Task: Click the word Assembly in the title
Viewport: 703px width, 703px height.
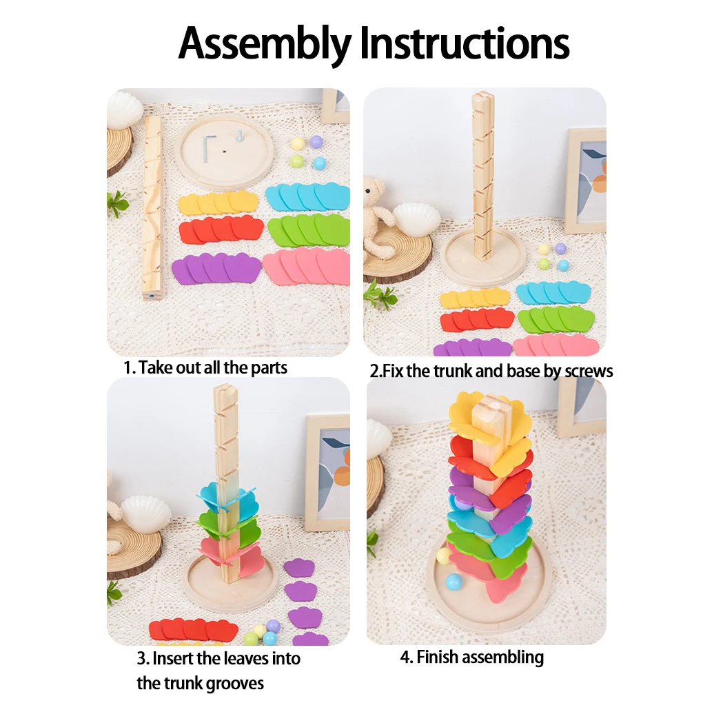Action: [265, 43]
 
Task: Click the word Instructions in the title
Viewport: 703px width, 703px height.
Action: [465, 43]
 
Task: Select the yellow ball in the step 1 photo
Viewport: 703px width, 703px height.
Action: [298, 143]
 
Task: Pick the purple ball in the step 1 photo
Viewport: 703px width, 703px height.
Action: [316, 142]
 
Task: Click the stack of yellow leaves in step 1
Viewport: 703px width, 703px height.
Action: [218, 203]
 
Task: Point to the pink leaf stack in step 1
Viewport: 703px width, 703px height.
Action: [307, 265]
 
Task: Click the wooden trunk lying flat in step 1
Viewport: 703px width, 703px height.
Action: [152, 207]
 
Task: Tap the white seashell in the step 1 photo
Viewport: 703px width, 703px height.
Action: [125, 109]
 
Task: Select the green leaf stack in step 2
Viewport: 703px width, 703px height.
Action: [556, 318]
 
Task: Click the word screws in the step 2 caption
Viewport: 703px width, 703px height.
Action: [588, 371]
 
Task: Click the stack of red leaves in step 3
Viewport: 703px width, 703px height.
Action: [193, 629]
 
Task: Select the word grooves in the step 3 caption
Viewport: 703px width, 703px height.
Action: [236, 683]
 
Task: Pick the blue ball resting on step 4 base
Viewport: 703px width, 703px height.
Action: [453, 582]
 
